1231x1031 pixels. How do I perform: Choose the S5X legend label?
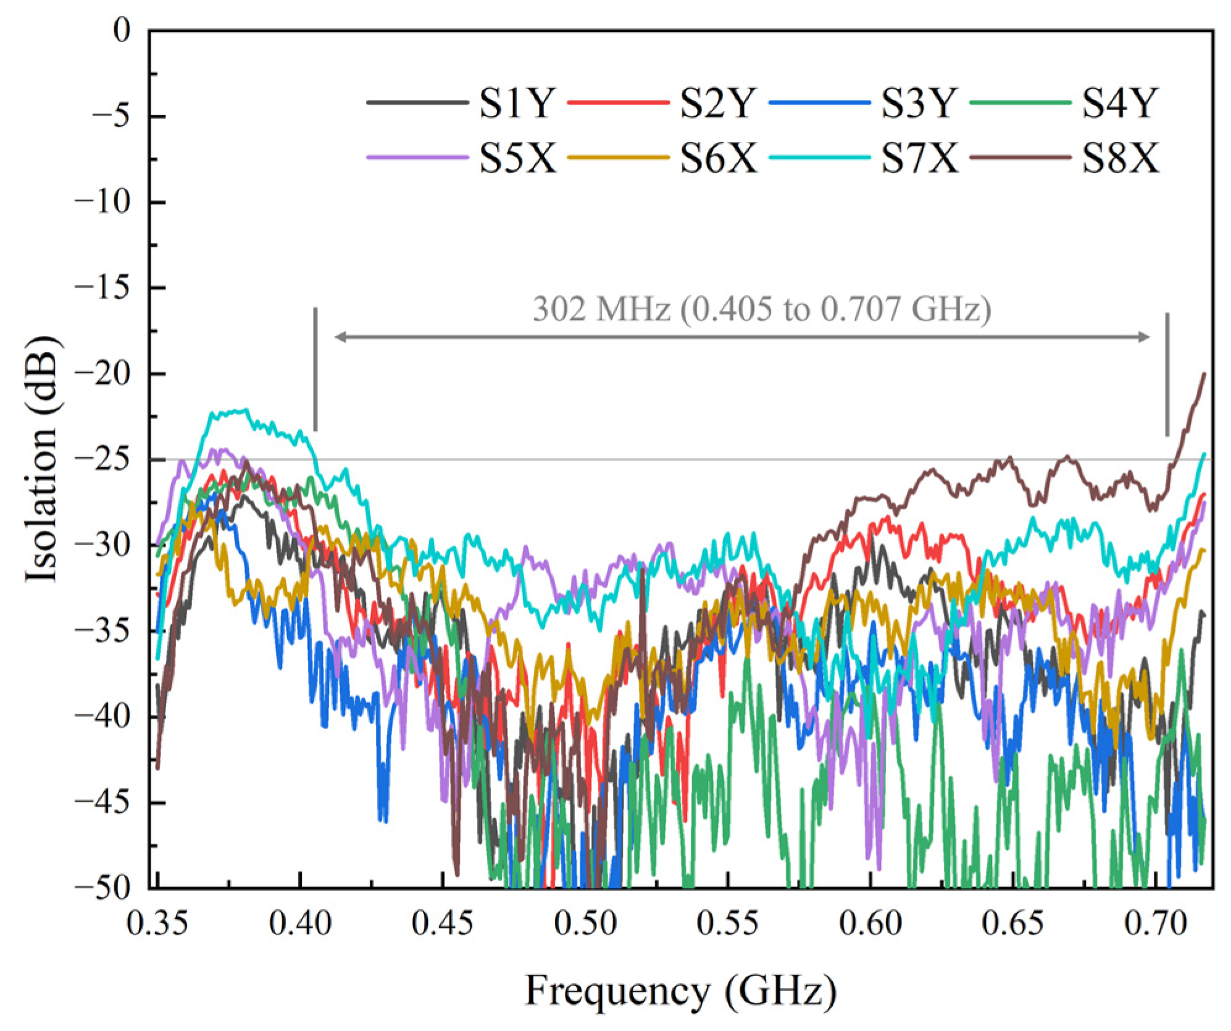pyautogui.click(x=518, y=158)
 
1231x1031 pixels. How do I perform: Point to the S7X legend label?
pyautogui.click(x=919, y=158)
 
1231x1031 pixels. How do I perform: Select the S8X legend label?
pyautogui.click(x=1120, y=158)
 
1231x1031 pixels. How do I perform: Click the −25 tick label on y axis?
pyautogui.click(x=103, y=459)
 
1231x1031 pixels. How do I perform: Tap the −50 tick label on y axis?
pyautogui.click(x=103, y=888)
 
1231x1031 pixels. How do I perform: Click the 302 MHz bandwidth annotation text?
pyautogui.click(x=761, y=309)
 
